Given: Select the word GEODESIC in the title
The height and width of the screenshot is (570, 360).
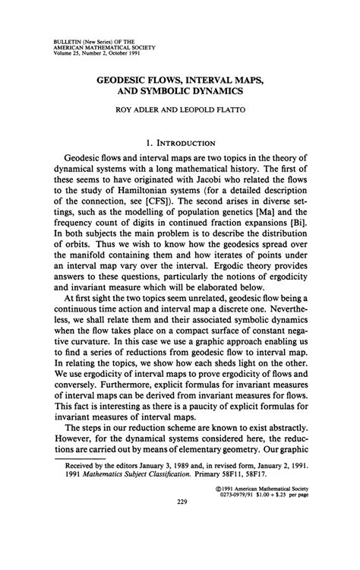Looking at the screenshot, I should [x=123, y=78].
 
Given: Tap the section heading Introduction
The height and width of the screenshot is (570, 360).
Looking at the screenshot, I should [x=185, y=141].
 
